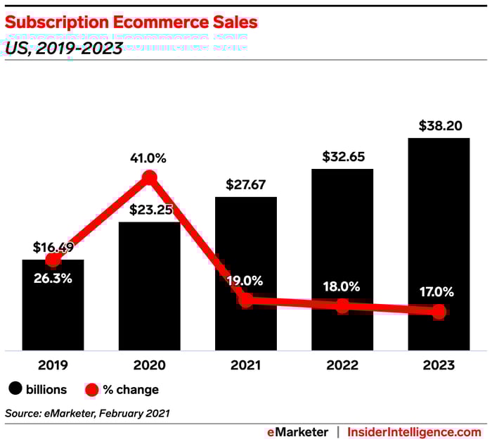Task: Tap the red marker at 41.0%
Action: pyautogui.click(x=149, y=177)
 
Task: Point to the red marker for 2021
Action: pyautogui.click(x=245, y=300)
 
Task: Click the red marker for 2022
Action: pyautogui.click(x=342, y=305)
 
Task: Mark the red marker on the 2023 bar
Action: pyautogui.click(x=439, y=312)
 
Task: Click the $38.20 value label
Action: pyautogui.click(x=439, y=126)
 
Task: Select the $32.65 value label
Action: pyautogui.click(x=342, y=157)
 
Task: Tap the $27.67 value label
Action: pyautogui.click(x=245, y=185)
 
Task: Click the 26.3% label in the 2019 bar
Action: pyautogui.click(x=53, y=277)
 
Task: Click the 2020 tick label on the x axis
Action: pyautogui.click(x=149, y=365)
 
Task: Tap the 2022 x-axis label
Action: pyautogui.click(x=342, y=365)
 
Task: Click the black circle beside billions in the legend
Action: pyautogui.click(x=14, y=389)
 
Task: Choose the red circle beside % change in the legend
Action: pyautogui.click(x=91, y=389)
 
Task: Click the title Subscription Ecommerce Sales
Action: pyautogui.click(x=131, y=23)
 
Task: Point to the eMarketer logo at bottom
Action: pyautogui.click(x=297, y=431)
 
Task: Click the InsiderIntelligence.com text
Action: pyautogui.click(x=414, y=431)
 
